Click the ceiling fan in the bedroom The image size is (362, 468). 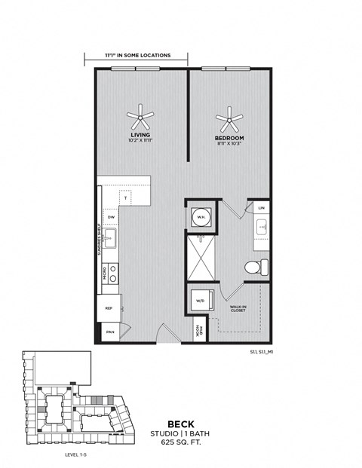tap(229, 118)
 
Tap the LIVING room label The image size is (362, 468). tap(140, 136)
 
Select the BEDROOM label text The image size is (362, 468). tap(229, 139)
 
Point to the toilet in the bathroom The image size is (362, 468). tap(254, 267)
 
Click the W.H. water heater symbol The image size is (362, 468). tap(201, 217)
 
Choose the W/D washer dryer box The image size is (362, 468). tap(201, 301)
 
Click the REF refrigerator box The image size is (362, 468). tap(109, 308)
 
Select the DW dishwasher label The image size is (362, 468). tap(111, 217)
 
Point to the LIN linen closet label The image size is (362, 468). tap(262, 207)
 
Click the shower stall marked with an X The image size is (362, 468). tap(201, 258)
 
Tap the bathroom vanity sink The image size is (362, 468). tap(262, 226)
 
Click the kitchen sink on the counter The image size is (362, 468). tap(110, 240)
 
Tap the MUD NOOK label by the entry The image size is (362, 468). tap(198, 330)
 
